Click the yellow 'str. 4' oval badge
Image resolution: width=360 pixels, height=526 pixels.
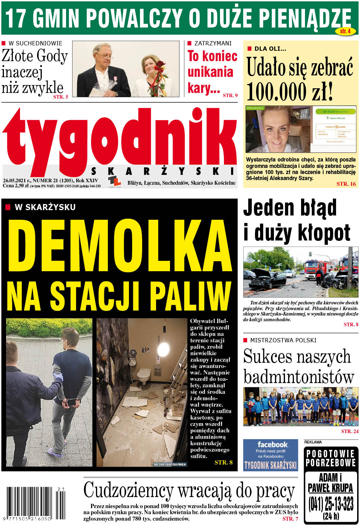coord(345,31)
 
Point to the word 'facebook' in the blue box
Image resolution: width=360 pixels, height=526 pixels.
coord(272,445)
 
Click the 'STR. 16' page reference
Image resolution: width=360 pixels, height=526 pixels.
coord(346,184)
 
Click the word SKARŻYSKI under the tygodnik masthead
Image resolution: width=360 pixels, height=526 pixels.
coord(163,171)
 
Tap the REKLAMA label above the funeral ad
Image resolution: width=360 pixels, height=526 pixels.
coord(313,442)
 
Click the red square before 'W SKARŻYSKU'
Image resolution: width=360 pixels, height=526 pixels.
coord(8,207)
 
